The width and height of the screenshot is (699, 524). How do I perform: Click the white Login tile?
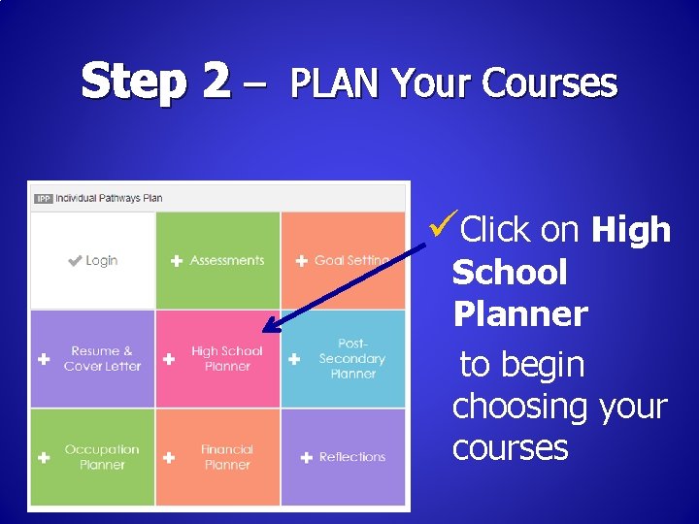(x=92, y=260)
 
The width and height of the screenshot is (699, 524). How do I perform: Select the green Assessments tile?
(x=217, y=260)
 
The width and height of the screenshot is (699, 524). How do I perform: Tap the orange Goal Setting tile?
(x=343, y=260)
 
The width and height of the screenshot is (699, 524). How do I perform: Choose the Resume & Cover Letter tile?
(x=92, y=358)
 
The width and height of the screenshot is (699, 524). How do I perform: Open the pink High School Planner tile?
(x=217, y=358)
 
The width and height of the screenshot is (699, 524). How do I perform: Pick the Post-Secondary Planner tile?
(x=343, y=358)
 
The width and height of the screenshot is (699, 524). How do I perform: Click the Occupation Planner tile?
(x=92, y=457)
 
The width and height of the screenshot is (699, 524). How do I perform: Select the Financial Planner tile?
(x=217, y=457)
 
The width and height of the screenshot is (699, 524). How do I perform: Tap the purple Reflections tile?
(x=343, y=457)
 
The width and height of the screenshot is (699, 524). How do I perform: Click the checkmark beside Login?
(x=75, y=261)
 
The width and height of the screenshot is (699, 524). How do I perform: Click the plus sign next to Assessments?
(x=177, y=261)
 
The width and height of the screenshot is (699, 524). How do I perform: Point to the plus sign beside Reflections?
(x=307, y=457)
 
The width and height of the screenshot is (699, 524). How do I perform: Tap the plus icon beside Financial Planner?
(x=169, y=457)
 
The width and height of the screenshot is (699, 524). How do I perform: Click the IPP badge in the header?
(x=43, y=199)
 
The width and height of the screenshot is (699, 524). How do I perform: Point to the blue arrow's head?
(x=270, y=329)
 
